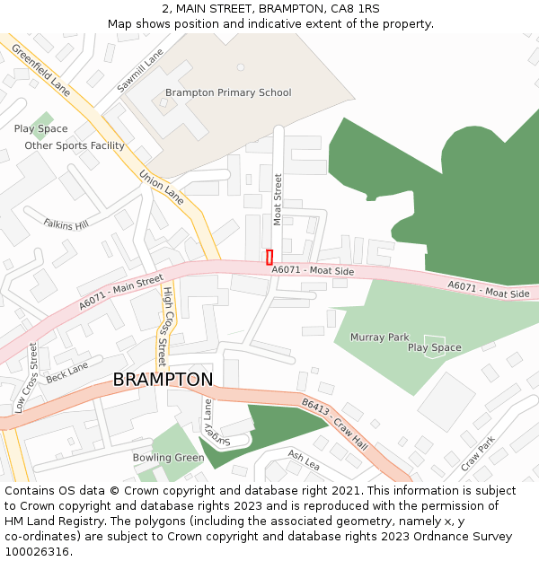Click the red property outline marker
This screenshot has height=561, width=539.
point(269,257)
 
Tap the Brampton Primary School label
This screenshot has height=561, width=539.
point(228,92)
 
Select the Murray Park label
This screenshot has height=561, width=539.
point(380,337)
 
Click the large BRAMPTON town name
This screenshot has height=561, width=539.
point(163,380)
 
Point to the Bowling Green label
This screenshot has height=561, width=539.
point(168,458)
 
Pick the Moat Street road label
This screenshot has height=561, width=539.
point(278,199)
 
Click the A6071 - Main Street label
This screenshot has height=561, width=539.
point(120,293)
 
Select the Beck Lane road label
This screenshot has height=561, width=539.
point(67,373)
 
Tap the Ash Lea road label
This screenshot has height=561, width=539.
point(304,460)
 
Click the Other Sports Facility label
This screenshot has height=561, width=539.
point(75,145)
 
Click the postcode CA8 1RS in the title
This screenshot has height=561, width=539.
point(356,9)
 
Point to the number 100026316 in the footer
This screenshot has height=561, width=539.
point(36,551)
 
